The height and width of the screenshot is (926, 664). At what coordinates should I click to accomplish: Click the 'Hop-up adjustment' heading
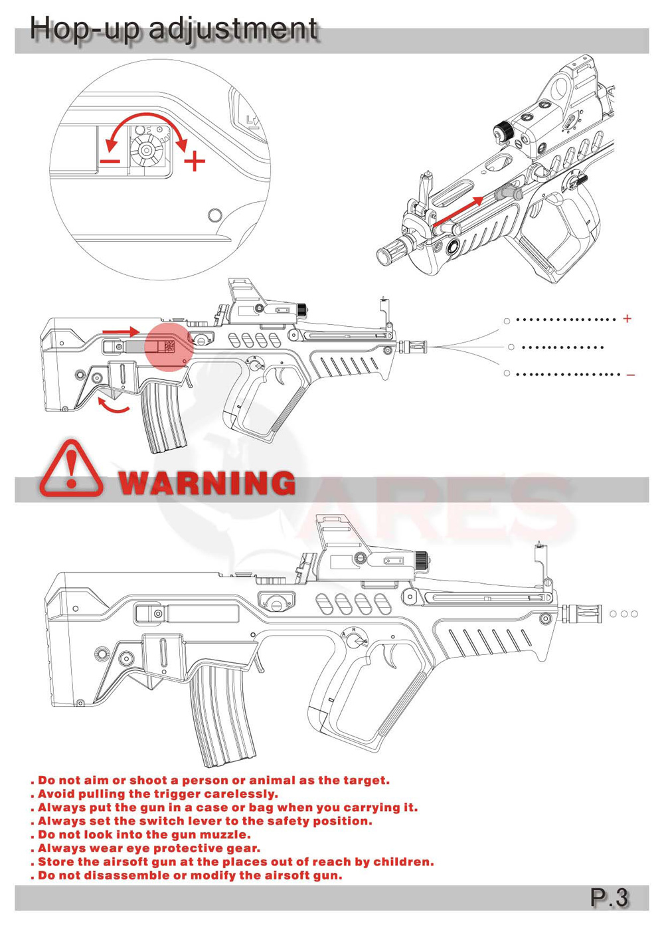(174, 29)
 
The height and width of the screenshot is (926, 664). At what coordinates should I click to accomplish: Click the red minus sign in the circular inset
(110, 161)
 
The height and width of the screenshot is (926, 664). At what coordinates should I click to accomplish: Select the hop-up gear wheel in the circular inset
(146, 149)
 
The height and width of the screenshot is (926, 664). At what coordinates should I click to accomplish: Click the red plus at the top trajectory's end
(627, 319)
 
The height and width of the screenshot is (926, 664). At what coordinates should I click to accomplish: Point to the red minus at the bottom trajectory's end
(630, 375)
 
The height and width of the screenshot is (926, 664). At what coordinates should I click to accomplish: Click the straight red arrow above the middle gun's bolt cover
(121, 331)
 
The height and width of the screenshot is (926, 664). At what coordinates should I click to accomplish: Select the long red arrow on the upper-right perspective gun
(457, 213)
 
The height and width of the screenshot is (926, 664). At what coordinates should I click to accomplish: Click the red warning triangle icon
(71, 468)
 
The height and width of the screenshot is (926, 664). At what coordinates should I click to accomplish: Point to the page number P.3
(609, 897)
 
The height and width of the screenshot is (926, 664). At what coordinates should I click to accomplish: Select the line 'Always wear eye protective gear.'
(145, 848)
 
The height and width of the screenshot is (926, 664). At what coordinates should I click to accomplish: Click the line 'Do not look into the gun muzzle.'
(141, 834)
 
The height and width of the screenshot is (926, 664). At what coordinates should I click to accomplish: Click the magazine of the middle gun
(164, 417)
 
